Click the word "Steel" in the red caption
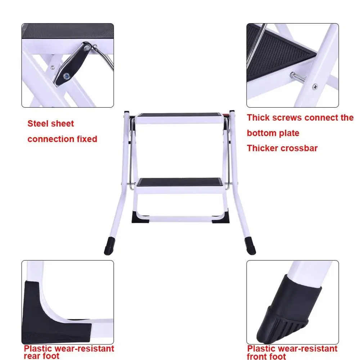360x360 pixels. [39, 124]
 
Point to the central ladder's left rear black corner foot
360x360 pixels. [140, 217]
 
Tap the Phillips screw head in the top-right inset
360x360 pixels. [315, 86]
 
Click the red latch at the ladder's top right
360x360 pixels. [226, 116]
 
